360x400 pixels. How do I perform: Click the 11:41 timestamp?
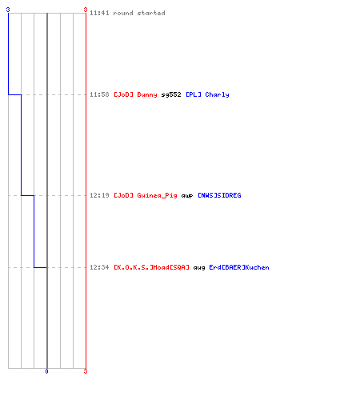coord(99,13)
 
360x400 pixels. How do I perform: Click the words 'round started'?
coord(139,13)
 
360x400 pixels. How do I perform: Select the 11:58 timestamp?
coord(99,94)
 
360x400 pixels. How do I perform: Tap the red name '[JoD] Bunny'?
coord(135,94)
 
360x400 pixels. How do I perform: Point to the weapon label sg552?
coord(171,94)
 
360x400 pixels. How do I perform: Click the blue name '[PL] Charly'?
coord(207,94)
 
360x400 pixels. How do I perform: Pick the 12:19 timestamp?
coord(99,195)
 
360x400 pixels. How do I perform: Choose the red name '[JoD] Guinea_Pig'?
coord(146,195)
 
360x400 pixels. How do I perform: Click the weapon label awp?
coord(187,196)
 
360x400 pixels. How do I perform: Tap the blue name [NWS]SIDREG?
coord(219,195)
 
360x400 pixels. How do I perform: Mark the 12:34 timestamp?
coord(99,267)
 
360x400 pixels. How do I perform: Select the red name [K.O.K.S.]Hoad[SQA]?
coord(151,267)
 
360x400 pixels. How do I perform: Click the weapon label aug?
coord(199,268)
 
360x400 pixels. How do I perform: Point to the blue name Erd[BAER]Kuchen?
coord(239,267)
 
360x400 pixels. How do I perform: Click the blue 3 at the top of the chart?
coord(8,10)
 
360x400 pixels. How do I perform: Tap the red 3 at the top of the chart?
coord(86,10)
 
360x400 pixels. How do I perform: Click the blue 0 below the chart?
coord(46,371)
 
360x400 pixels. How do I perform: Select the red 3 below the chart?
coord(86,371)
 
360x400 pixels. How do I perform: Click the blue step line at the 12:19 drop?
coord(28,195)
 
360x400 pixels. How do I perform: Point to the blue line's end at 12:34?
coord(46,267)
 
